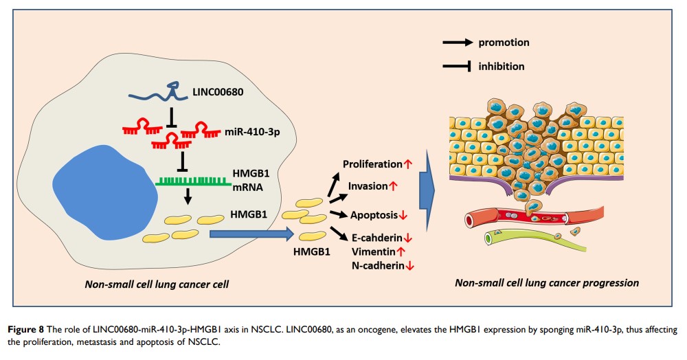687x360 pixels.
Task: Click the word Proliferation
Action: (372, 164)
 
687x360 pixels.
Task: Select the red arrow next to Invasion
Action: (394, 186)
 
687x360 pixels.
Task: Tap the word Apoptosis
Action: (375, 214)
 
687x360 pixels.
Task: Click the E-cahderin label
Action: (376, 238)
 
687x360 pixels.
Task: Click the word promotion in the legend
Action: (504, 43)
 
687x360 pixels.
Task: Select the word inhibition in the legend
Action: (502, 66)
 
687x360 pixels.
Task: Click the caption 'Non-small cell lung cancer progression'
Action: (547, 283)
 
